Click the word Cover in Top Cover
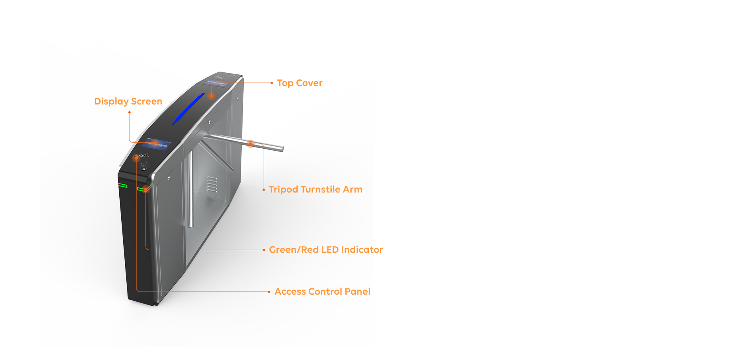click(x=309, y=83)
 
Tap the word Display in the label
click(x=111, y=102)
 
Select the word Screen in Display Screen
click(x=147, y=101)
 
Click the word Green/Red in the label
click(x=294, y=250)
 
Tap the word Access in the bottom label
click(x=290, y=292)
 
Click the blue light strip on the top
click(x=189, y=109)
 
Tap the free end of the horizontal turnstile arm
click(x=282, y=149)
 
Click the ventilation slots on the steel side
click(x=212, y=184)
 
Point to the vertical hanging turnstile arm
click(x=191, y=190)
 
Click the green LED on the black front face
click(x=123, y=185)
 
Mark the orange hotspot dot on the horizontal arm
click(x=250, y=144)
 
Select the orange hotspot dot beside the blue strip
click(x=211, y=95)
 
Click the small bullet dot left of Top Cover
click(x=271, y=83)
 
